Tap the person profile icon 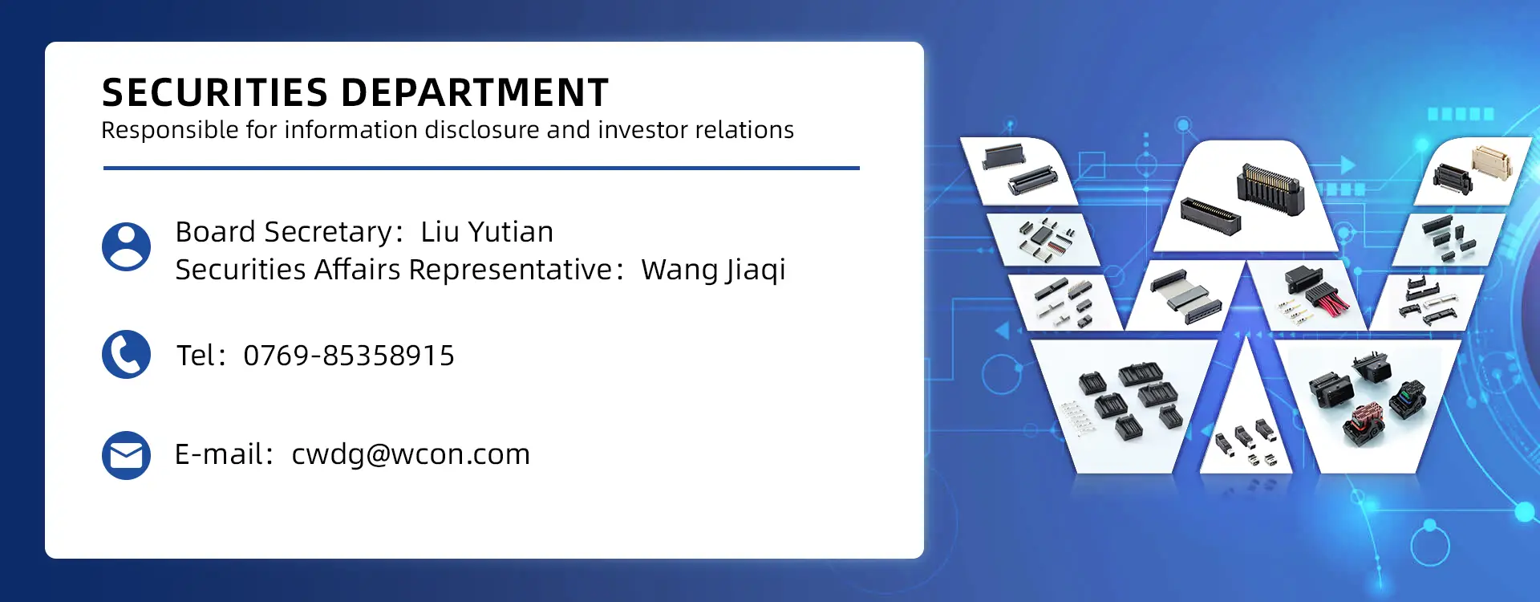126,246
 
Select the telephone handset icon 126,354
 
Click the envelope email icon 126,455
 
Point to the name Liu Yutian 487,232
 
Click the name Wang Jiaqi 713,270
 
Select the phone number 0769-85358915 349,356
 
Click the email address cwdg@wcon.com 411,455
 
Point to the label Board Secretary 284,233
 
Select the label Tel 196,356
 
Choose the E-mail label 219,454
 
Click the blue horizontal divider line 481,168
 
